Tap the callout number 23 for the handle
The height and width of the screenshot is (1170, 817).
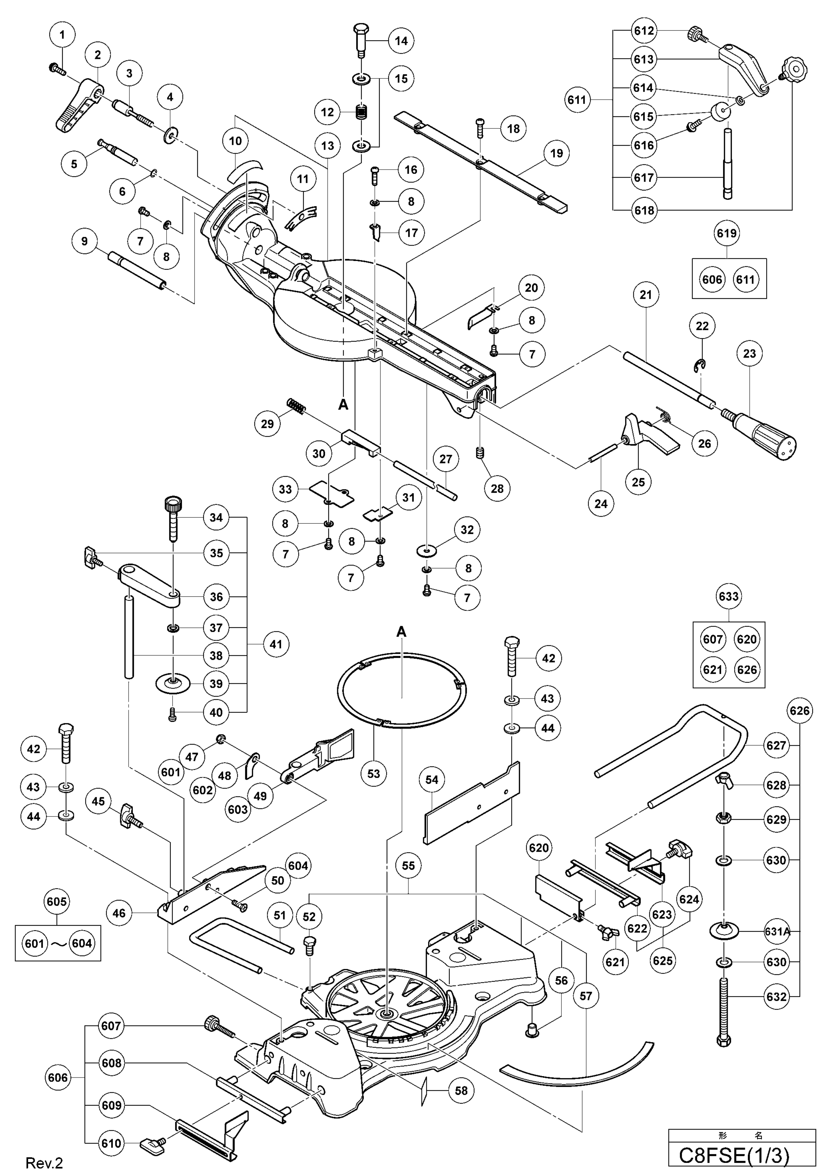coord(749,354)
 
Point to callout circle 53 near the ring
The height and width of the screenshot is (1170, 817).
coord(373,774)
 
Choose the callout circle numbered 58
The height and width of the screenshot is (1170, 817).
coord(461,1090)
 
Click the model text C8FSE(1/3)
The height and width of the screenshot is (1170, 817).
coord(734,1155)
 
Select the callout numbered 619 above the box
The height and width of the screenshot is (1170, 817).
coord(726,233)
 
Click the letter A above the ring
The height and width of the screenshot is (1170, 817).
coord(401,632)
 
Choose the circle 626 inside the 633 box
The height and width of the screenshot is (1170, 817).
coord(746,670)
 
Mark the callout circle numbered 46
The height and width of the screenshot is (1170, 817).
coord(119,913)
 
